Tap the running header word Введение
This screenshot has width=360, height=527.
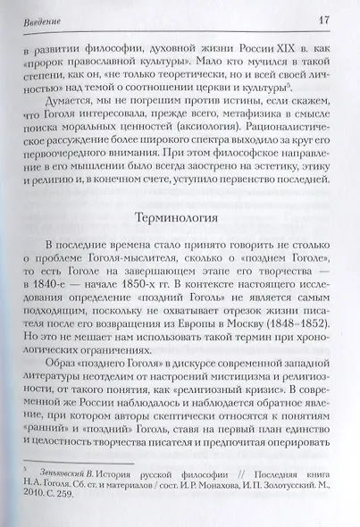(38, 21)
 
